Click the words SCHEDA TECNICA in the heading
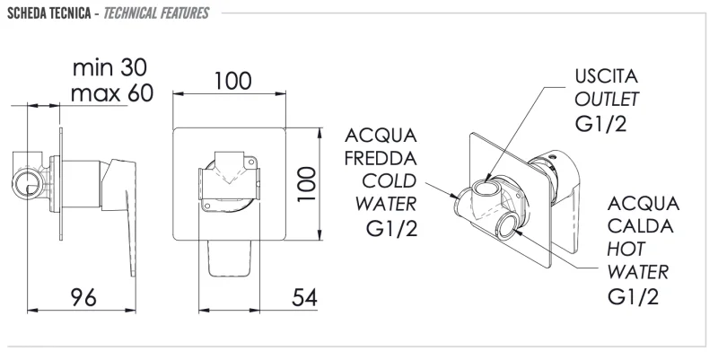click(x=49, y=13)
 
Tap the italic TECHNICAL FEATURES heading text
click(x=156, y=13)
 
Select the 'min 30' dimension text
click(x=109, y=68)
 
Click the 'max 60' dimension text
click(x=111, y=93)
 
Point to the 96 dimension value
click(x=83, y=298)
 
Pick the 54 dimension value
click(x=304, y=298)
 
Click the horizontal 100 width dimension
click(x=233, y=81)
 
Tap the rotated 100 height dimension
click(x=307, y=184)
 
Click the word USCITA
click(x=607, y=76)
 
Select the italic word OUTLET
click(x=607, y=100)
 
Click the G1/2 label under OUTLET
click(x=600, y=123)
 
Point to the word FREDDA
click(x=381, y=159)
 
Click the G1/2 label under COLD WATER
click(x=392, y=228)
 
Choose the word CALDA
click(x=640, y=226)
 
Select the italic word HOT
click(x=626, y=250)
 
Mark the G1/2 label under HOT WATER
click(x=634, y=296)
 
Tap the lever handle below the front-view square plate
click(x=230, y=259)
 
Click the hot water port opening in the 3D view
click(x=508, y=225)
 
